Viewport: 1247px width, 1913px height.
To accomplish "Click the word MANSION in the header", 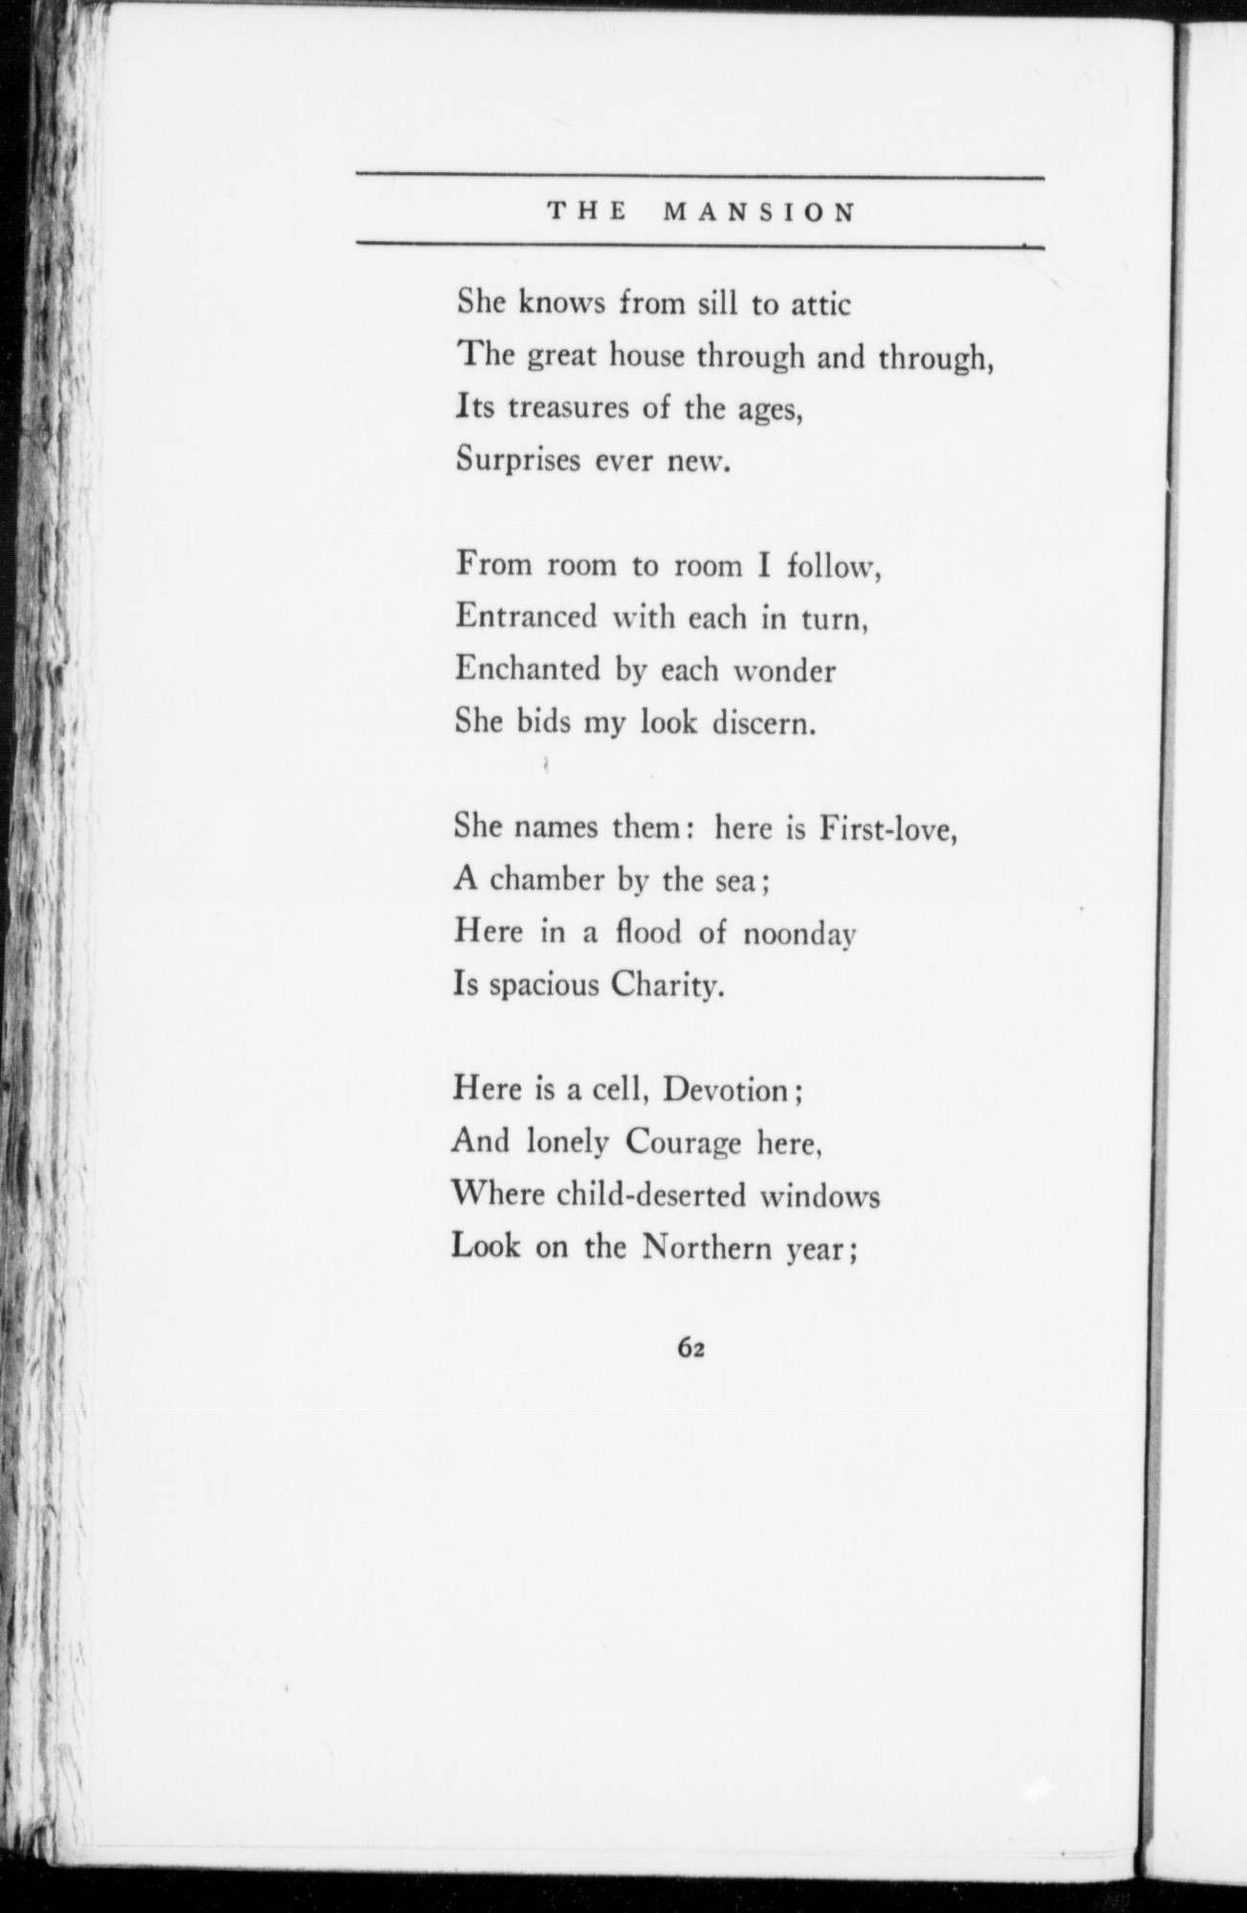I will pos(759,212).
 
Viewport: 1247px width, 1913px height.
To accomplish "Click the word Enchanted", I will pos(528,669).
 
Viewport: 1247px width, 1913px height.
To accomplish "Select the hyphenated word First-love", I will pos(889,826).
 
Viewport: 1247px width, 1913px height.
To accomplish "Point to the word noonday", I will pos(799,934).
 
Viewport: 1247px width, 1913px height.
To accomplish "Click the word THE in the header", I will pos(586,212).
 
